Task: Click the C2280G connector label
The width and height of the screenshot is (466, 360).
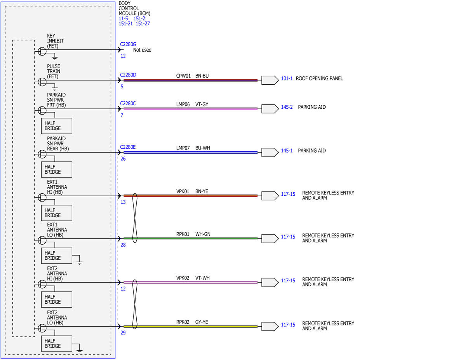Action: (x=128, y=44)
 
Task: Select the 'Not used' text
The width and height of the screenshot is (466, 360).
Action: (x=142, y=50)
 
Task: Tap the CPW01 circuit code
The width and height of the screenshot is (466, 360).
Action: (x=183, y=76)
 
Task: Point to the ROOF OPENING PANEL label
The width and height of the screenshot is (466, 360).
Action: (x=319, y=78)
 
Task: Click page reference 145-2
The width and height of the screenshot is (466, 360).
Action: (x=287, y=107)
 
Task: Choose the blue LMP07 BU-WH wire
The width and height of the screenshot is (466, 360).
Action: (x=190, y=153)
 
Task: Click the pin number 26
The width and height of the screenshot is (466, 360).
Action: (x=123, y=159)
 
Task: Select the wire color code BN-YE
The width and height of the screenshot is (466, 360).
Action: (x=202, y=191)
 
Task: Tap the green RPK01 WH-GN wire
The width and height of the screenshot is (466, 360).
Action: (x=190, y=238)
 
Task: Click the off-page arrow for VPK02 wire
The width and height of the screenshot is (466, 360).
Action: (x=270, y=282)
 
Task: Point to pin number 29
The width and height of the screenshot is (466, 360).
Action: (x=123, y=332)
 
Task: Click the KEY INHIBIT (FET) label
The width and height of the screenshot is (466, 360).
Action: (x=55, y=41)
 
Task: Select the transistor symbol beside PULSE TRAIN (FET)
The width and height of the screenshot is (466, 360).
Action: (x=42, y=82)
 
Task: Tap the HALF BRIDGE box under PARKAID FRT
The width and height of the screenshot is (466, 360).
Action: (x=57, y=126)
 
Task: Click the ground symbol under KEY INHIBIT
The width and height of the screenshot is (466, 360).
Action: (x=55, y=58)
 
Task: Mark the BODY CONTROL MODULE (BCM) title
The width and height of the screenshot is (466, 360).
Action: (x=134, y=9)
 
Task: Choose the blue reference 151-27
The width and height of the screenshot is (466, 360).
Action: (x=143, y=24)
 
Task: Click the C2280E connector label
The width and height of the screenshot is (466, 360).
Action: (x=128, y=147)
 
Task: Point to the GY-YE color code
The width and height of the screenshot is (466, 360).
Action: (x=202, y=322)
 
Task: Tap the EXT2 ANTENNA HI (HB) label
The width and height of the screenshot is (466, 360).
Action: (x=57, y=273)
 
